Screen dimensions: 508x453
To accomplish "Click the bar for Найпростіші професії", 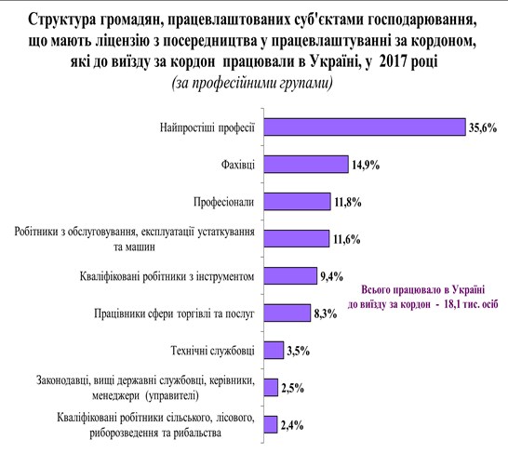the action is point(365,127).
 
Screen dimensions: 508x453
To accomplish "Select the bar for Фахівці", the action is point(306,164).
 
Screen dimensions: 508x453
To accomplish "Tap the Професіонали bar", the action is point(297,202).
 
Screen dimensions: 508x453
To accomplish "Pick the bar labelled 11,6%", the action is point(297,239).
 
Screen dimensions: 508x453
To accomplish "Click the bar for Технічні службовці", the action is point(274,351).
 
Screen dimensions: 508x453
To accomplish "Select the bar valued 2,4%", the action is point(270,424).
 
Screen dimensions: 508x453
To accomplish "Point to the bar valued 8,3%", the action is point(287,313).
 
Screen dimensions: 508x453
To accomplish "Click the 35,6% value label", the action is point(483,128).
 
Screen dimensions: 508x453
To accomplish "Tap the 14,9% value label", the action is point(366,166).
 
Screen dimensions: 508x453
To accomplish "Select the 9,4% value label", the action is point(331,277).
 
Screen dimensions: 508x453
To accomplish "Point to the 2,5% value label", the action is point(292,388).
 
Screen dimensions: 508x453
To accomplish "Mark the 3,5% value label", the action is point(299,351).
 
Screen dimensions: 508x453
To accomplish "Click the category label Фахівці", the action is point(238,165).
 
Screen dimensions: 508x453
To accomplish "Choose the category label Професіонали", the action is point(224,202).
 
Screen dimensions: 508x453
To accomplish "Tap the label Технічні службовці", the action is point(213,351).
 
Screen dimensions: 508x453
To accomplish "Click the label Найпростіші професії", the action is point(207,127).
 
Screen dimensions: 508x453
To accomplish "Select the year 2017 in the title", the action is point(393,60).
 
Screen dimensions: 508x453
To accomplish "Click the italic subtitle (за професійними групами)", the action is point(252,83).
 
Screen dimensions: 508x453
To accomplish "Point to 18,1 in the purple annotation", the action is point(455,304).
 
